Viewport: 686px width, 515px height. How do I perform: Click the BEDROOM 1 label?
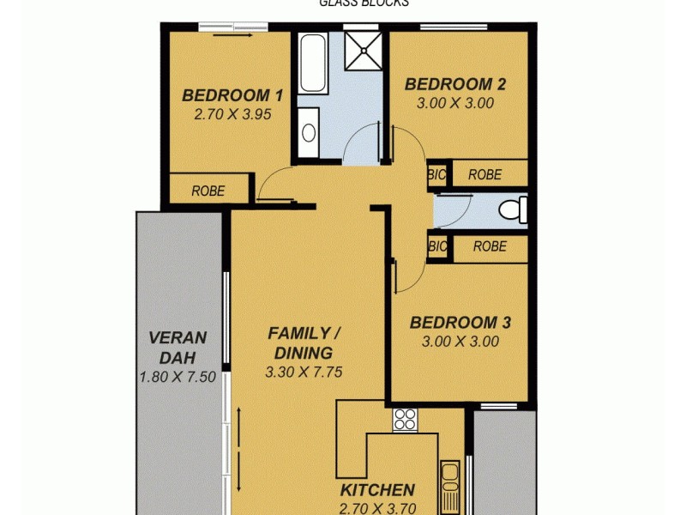tap(232, 94)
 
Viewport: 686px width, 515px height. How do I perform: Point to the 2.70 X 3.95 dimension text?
tap(232, 113)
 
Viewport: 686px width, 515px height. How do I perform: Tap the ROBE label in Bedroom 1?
tap(208, 191)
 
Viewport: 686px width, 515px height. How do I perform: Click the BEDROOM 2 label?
tap(454, 84)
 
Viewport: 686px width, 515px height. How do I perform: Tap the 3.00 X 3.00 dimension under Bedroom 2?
tap(454, 103)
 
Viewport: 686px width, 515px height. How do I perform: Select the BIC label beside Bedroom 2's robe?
tap(437, 174)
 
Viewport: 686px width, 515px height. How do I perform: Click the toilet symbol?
tap(513, 209)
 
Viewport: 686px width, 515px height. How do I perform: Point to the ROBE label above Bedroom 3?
tap(489, 246)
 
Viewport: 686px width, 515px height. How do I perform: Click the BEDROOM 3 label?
tap(460, 323)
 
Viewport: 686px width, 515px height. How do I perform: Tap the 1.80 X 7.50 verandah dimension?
tap(178, 377)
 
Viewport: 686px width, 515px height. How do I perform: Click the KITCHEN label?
tap(377, 490)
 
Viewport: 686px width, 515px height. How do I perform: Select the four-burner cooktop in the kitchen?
tap(405, 419)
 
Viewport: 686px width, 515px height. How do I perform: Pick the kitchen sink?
tap(448, 481)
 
